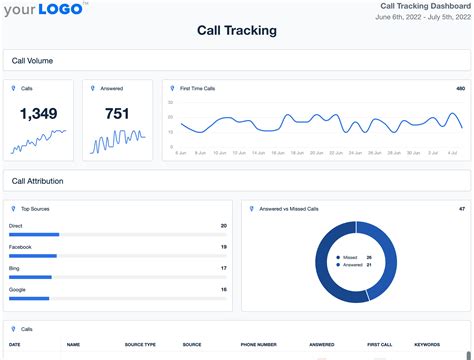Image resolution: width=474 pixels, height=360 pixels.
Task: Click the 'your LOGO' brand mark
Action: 46,11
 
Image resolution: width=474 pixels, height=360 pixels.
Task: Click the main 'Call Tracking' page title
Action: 236,30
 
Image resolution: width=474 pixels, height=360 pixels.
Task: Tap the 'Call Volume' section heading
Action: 32,61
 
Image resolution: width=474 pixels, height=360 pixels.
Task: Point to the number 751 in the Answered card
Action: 117,114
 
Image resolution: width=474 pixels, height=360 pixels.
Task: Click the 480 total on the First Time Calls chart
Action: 460,88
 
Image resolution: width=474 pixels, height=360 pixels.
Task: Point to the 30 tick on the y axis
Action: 171,103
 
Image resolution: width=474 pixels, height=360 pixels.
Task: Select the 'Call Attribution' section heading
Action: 38,181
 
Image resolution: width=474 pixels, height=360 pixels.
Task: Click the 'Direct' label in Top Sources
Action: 16,226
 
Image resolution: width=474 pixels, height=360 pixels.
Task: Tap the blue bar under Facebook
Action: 32,255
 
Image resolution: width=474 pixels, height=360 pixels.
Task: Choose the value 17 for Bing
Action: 223,268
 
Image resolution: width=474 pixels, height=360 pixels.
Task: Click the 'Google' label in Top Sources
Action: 17,288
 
